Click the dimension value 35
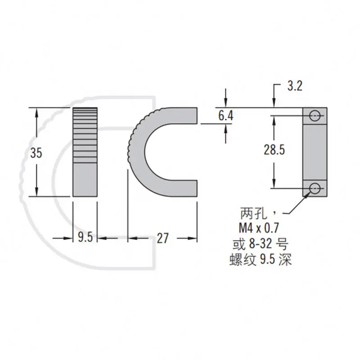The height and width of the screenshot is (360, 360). click(x=36, y=153)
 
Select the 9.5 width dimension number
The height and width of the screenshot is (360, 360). click(x=85, y=238)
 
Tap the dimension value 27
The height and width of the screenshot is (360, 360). click(x=163, y=238)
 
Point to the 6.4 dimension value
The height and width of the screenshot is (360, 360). click(x=225, y=116)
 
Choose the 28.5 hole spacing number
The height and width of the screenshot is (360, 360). click(x=274, y=150)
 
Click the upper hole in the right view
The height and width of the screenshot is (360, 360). click(x=315, y=115)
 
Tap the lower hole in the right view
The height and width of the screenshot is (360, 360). click(x=315, y=188)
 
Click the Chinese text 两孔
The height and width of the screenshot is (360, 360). click(x=252, y=211)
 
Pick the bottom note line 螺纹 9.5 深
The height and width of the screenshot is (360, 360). click(x=261, y=260)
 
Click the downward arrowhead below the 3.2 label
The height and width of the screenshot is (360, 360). click(x=273, y=103)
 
